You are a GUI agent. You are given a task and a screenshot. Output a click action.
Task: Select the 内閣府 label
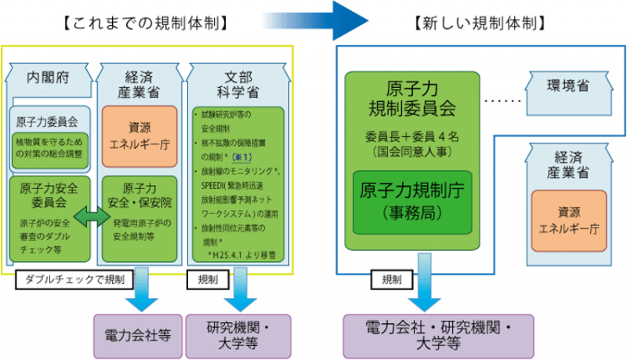(x=49, y=78)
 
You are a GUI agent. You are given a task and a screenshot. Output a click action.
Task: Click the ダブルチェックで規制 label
(x=74, y=278)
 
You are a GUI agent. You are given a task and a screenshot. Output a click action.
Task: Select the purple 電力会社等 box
(x=137, y=333)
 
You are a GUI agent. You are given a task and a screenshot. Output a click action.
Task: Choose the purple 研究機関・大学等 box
(x=238, y=333)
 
